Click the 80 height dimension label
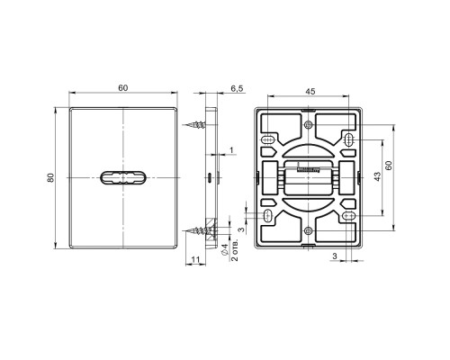pyautogui.click(x=50, y=177)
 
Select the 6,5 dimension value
pyautogui.click(x=237, y=88)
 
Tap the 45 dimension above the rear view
pyautogui.click(x=310, y=92)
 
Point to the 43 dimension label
pyautogui.click(x=377, y=176)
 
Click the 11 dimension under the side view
pyautogui.click(x=195, y=259)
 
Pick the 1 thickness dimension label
pyautogui.click(x=231, y=150)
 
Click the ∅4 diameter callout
pyautogui.click(x=224, y=250)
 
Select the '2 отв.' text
pyautogui.click(x=235, y=250)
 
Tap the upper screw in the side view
pyautogui.click(x=195, y=124)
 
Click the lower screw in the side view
pyautogui.click(x=196, y=230)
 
